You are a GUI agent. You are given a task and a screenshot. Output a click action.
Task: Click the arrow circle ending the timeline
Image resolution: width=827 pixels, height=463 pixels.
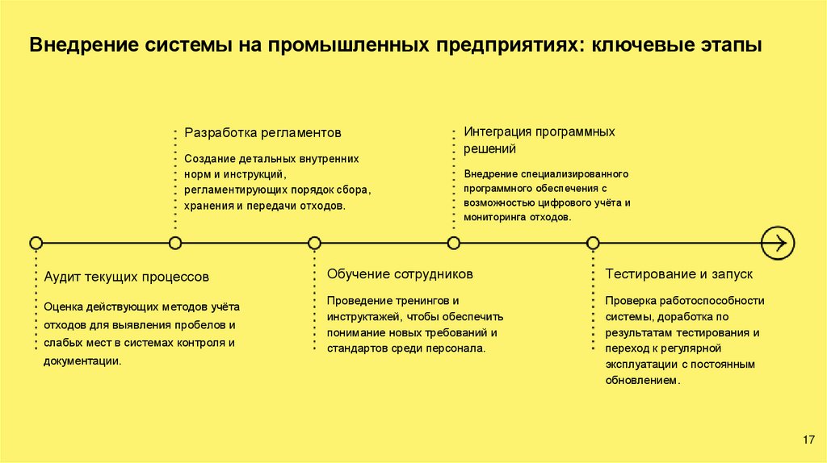779,242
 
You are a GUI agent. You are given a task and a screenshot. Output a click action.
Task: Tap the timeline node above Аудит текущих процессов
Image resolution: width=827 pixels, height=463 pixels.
36,242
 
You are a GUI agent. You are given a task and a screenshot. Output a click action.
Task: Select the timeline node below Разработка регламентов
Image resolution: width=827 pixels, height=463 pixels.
175,242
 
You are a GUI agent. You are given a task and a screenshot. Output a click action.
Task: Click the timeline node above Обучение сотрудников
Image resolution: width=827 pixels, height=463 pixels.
314,242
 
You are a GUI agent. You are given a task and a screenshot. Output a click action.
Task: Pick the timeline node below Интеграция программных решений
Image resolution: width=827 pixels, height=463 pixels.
454,242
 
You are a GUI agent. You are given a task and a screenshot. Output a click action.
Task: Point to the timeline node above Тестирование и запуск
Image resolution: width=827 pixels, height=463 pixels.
593,242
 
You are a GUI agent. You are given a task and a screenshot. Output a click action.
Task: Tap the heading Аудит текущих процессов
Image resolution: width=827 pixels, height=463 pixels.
127,277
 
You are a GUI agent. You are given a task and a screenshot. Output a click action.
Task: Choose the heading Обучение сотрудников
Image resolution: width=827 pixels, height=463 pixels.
400,274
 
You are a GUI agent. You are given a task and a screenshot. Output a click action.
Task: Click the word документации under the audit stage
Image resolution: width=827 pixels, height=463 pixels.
82,361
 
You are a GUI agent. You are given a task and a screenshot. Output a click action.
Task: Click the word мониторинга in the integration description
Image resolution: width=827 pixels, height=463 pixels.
495,218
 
